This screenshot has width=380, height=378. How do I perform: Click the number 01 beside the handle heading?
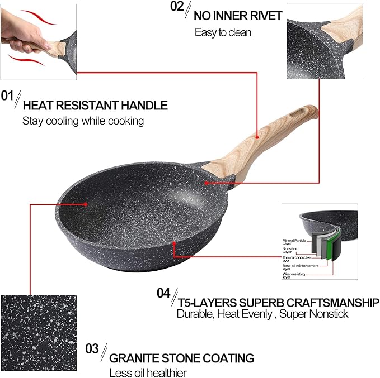tap(7, 96)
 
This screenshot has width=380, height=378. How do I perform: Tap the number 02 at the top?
tap(176, 7)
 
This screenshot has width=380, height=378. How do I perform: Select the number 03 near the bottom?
tap(92, 349)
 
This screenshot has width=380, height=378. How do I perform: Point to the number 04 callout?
tap(163, 293)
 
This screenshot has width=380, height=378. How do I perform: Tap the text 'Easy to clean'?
tap(223, 32)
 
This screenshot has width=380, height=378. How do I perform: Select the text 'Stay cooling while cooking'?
tap(83, 121)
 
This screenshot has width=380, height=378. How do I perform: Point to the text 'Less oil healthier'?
tap(147, 372)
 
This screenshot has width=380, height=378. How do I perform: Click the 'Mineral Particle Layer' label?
tap(293, 242)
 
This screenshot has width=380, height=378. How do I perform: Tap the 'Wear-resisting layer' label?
tap(293, 276)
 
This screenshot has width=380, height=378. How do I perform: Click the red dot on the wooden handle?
tap(257, 136)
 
